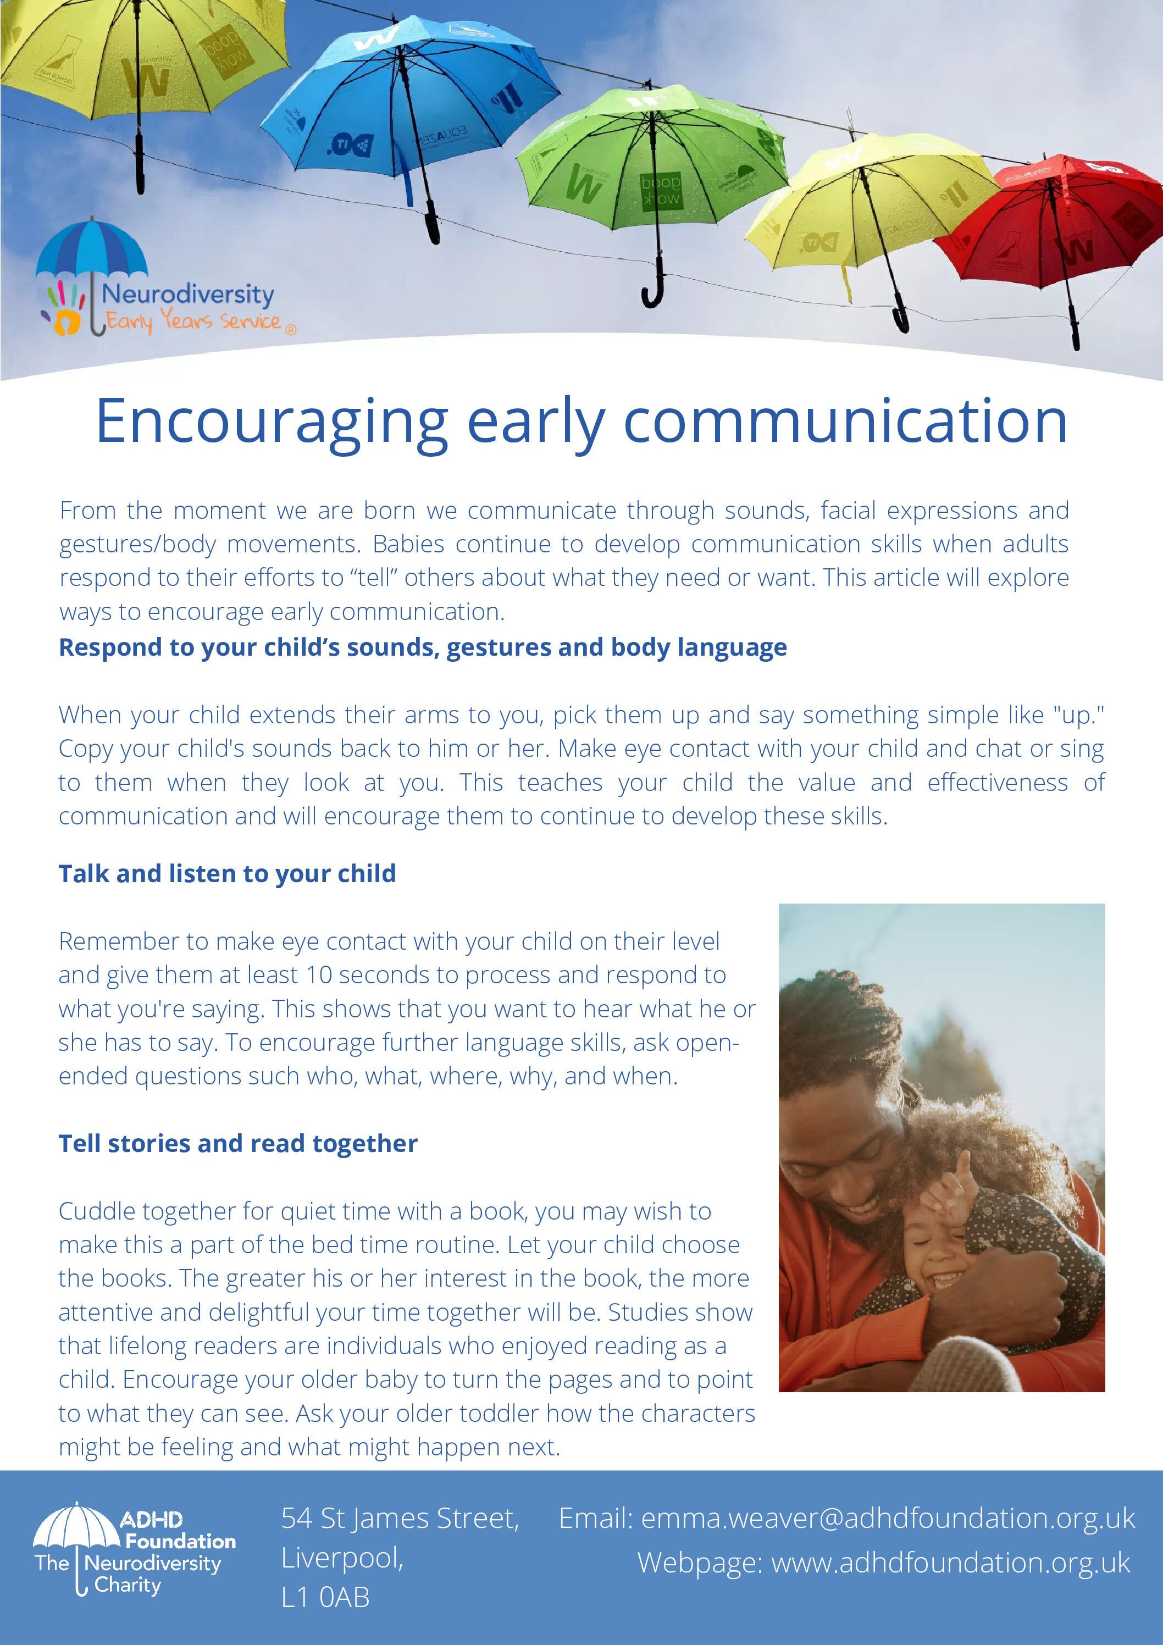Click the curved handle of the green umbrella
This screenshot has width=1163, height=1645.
click(654, 290)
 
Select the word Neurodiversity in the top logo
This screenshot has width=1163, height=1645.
click(188, 295)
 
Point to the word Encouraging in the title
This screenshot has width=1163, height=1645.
click(272, 423)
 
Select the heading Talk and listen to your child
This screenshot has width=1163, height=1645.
click(227, 873)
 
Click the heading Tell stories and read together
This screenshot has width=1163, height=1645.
click(238, 1143)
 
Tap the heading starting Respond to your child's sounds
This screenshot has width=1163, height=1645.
click(423, 647)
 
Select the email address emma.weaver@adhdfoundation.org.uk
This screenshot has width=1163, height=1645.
click(888, 1518)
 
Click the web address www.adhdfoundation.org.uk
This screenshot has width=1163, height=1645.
click(950, 1563)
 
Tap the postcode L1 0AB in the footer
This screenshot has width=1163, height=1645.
click(325, 1597)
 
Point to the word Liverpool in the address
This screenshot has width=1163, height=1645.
click(342, 1558)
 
